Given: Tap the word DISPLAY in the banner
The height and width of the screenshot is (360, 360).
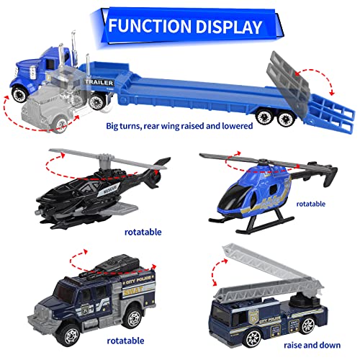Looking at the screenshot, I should point(223,27).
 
